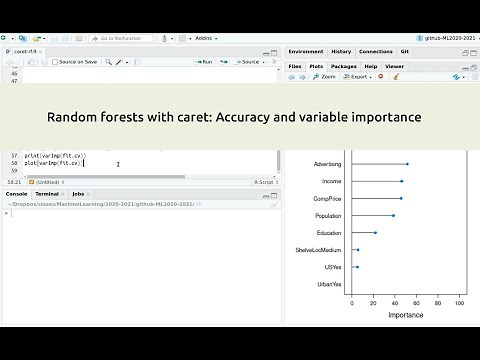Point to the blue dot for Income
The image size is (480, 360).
[x=402, y=181]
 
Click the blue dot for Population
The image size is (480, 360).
[x=394, y=215]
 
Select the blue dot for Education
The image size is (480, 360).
[x=375, y=232]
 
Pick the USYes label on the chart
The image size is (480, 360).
[x=333, y=267]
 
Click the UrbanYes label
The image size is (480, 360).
[x=329, y=284]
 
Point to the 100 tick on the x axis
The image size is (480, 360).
[x=459, y=304]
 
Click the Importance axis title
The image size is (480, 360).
[x=405, y=315]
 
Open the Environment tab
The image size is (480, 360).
[x=305, y=51]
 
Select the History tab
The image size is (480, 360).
[x=341, y=51]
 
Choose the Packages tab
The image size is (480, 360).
[x=344, y=66]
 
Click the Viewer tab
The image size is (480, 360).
[x=395, y=66]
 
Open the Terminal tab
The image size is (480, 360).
[x=47, y=193]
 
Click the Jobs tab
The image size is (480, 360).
[x=78, y=193]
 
